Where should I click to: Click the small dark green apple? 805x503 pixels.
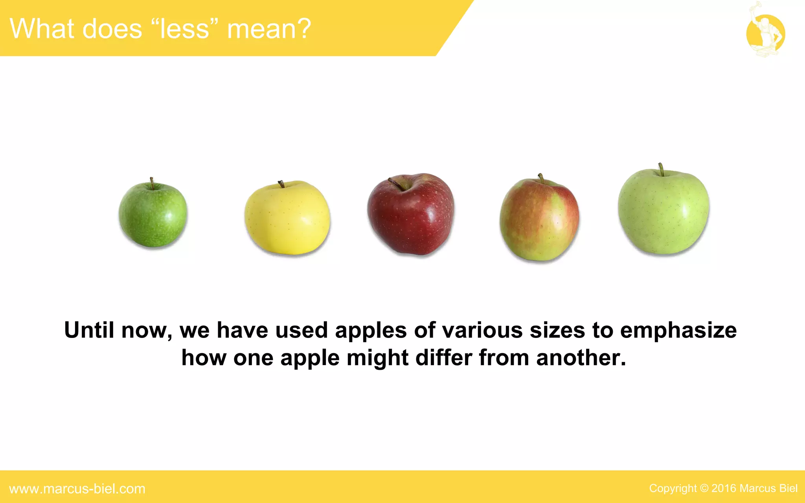tap(153, 215)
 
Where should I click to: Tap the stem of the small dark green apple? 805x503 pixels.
tap(152, 183)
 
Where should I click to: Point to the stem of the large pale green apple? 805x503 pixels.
tap(661, 169)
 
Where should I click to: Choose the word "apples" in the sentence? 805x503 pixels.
tap(371, 331)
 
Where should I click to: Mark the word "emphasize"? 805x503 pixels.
tap(678, 331)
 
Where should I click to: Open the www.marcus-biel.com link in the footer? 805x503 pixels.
tap(77, 489)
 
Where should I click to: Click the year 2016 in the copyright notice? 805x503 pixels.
tap(724, 488)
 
